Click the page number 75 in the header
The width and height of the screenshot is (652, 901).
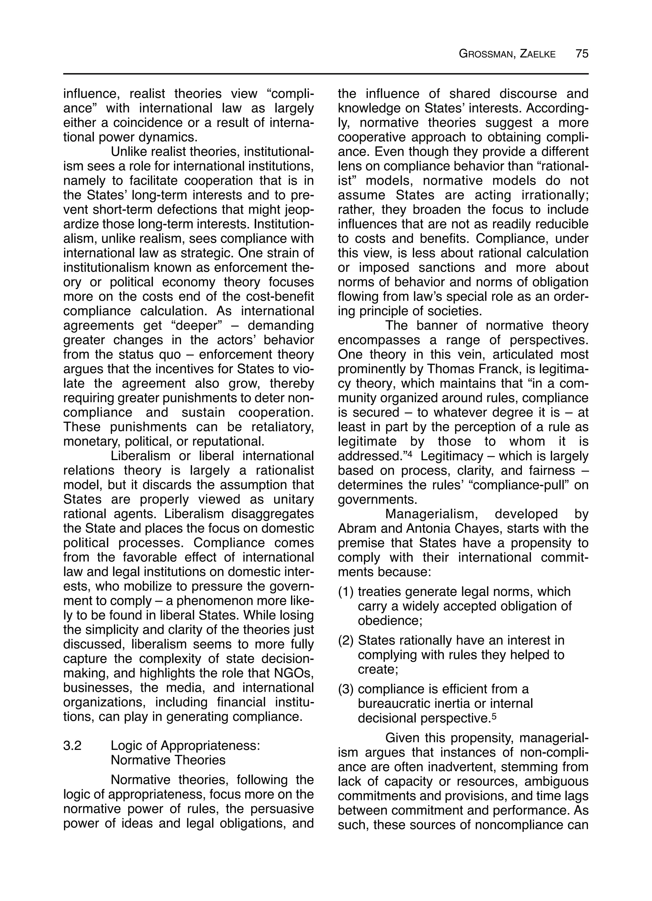tap(582, 53)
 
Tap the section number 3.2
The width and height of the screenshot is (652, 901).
tap(72, 745)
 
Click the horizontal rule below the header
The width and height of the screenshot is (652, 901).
tap(326, 74)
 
